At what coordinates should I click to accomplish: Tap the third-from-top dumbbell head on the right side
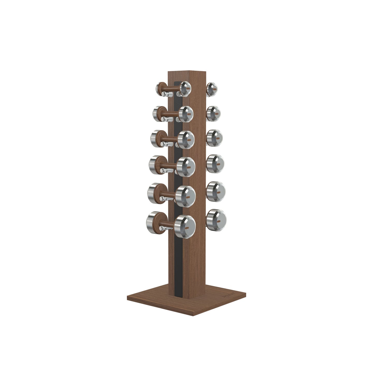215,137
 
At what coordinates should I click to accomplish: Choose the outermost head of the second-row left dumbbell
157,113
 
